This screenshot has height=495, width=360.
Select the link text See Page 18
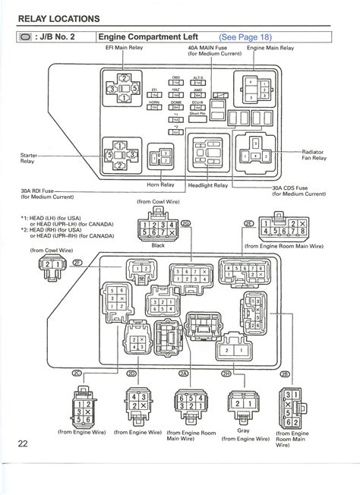(x=245, y=36)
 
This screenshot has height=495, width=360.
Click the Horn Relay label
(x=161, y=184)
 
